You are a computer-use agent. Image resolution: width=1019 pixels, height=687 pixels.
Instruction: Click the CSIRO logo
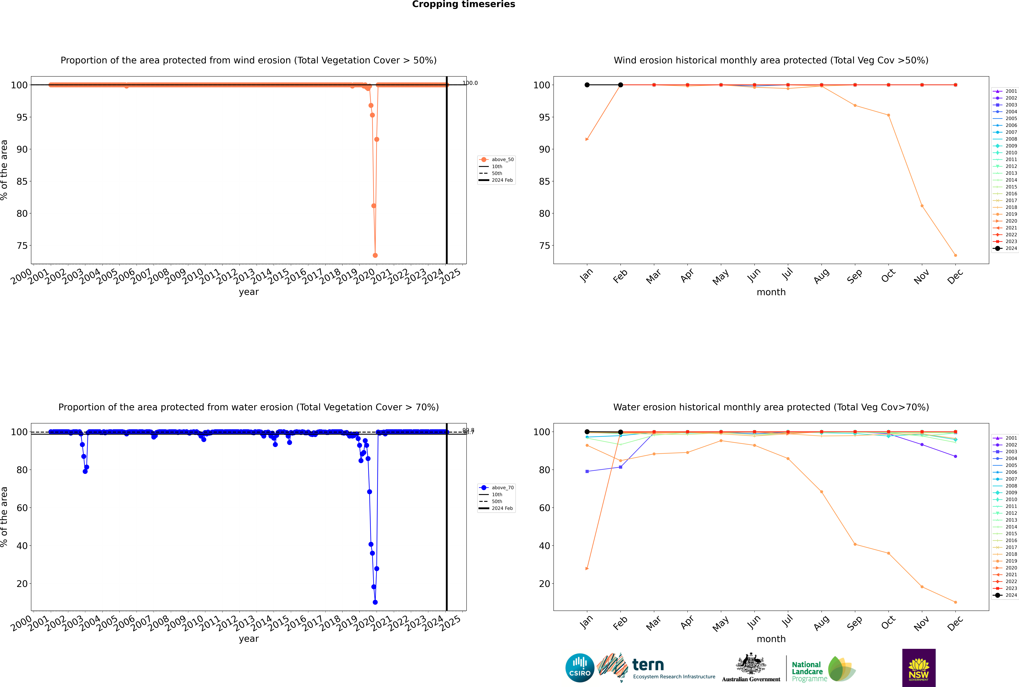(x=580, y=668)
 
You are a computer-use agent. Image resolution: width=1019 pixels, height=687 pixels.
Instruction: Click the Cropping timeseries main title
(x=463, y=4)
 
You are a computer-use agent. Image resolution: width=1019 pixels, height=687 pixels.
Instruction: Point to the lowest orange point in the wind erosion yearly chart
(x=375, y=255)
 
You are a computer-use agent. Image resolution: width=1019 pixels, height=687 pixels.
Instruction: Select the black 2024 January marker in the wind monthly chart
(x=587, y=85)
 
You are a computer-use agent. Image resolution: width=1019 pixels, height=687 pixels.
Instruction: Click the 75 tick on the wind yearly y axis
(x=22, y=246)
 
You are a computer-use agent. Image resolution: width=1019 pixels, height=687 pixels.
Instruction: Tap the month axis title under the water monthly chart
(x=771, y=639)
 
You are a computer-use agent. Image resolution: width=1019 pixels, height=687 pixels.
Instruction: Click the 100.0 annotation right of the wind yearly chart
(x=470, y=83)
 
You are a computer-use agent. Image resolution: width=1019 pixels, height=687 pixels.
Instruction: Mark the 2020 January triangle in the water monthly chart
(x=587, y=569)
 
